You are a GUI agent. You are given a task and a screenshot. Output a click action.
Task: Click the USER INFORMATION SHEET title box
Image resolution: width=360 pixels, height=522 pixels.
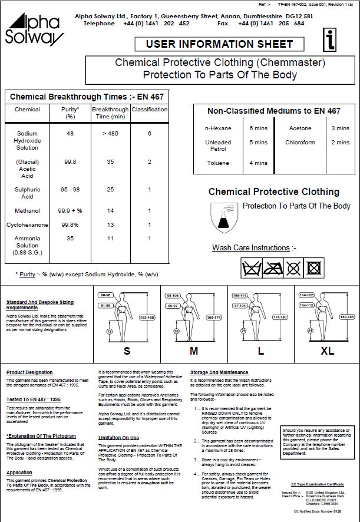coord(219,44)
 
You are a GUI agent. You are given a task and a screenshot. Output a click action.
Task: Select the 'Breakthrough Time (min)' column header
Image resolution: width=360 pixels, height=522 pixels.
coord(110,113)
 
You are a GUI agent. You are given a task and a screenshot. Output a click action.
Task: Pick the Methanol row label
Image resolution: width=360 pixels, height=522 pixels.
coord(27,210)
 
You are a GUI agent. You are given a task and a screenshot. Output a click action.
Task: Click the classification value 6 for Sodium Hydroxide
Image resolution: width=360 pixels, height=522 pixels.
coord(150,134)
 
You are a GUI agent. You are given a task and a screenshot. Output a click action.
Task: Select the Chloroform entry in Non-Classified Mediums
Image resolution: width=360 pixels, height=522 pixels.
coord(300,143)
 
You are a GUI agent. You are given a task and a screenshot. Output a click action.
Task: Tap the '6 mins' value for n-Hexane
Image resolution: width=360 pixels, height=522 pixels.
coord(259,128)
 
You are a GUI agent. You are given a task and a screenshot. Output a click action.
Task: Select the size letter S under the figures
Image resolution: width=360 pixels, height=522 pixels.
coord(127,352)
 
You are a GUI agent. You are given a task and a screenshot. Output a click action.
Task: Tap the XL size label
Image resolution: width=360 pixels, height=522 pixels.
coord(327,352)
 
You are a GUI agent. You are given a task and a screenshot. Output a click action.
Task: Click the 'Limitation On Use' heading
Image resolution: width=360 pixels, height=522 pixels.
coord(118,438)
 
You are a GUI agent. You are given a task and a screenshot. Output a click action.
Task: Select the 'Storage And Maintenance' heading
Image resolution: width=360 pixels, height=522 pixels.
coord(219,372)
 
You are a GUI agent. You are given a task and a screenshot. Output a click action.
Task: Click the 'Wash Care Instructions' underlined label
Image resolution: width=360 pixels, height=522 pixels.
coord(251,248)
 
